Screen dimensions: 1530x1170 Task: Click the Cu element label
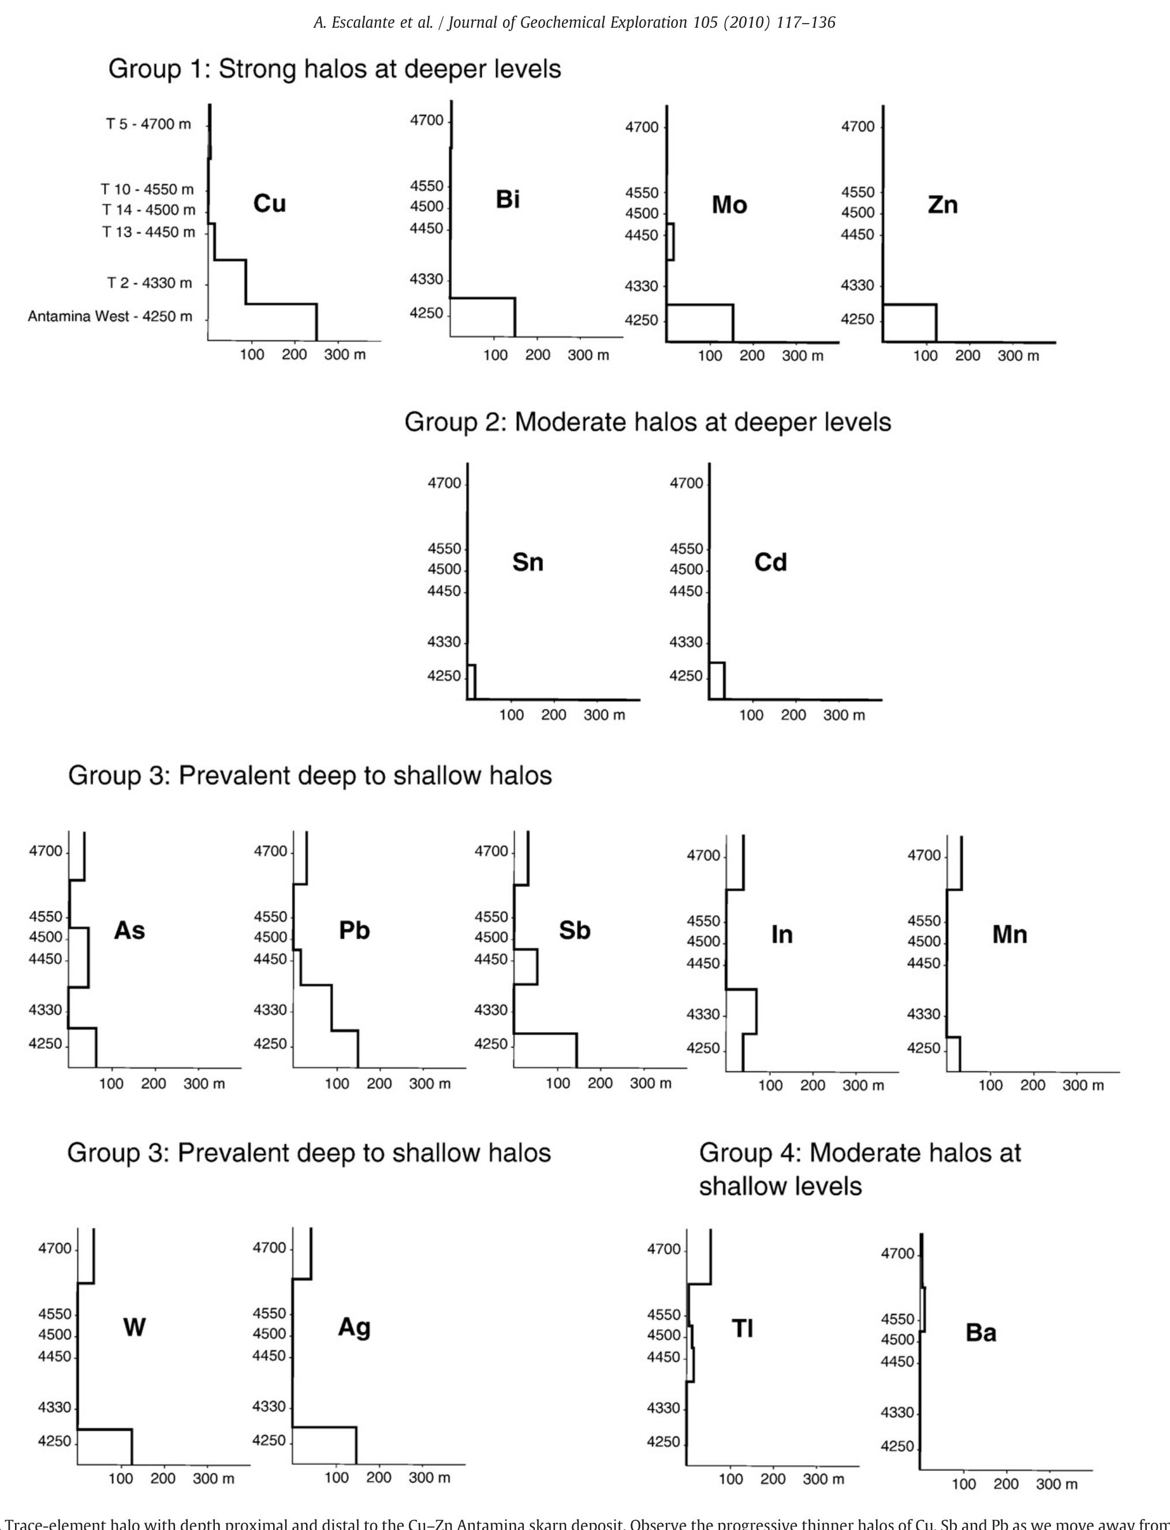pos(270,203)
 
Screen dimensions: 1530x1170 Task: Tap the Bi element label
pos(508,200)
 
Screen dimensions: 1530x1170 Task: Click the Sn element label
pos(527,562)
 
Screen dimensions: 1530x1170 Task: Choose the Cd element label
pos(770,562)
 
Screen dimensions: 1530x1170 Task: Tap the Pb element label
pos(354,930)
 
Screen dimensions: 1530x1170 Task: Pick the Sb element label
pos(575,930)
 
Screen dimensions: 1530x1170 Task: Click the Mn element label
pos(1009,935)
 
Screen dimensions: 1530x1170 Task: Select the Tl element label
pos(743,1329)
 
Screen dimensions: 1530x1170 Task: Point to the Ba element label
pos(981,1333)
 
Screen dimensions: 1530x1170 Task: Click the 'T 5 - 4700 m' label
pos(148,124)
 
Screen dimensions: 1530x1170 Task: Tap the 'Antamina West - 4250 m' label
pos(110,317)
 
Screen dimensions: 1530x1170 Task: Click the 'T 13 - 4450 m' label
pos(148,232)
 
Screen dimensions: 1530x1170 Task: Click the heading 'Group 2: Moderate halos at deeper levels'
pos(648,422)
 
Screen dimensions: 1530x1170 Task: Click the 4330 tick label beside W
pos(55,1408)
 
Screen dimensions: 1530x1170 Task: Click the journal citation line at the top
pos(575,23)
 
